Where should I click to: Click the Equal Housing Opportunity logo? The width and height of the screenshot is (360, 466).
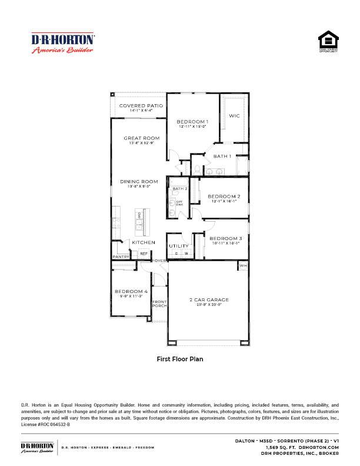click(328, 42)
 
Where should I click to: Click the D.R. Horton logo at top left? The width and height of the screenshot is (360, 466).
click(62, 43)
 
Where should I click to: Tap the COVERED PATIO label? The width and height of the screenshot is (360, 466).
click(141, 106)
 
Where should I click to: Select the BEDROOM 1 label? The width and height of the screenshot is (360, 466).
click(193, 121)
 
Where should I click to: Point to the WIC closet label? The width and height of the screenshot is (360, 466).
click(234, 116)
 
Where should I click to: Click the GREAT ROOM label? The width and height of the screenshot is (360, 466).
click(141, 138)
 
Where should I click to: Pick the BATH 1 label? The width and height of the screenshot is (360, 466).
click(222, 157)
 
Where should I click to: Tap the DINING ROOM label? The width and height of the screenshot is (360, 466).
click(139, 181)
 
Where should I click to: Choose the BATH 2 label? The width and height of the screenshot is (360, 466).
click(179, 189)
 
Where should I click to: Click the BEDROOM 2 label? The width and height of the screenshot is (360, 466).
click(224, 196)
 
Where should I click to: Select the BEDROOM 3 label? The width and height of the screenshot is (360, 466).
click(226, 238)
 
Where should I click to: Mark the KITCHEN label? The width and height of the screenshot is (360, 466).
click(144, 242)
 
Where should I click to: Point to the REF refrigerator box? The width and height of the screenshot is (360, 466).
click(143, 254)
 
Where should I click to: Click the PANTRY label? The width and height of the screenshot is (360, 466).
click(121, 257)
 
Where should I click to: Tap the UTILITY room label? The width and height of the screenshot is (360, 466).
click(179, 246)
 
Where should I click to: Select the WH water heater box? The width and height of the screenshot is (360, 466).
click(243, 266)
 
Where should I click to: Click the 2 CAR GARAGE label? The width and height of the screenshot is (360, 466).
click(209, 300)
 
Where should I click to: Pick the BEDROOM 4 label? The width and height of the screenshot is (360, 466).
click(131, 291)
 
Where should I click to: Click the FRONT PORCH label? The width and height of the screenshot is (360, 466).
click(159, 304)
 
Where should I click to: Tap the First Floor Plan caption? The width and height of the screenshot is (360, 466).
click(179, 358)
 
